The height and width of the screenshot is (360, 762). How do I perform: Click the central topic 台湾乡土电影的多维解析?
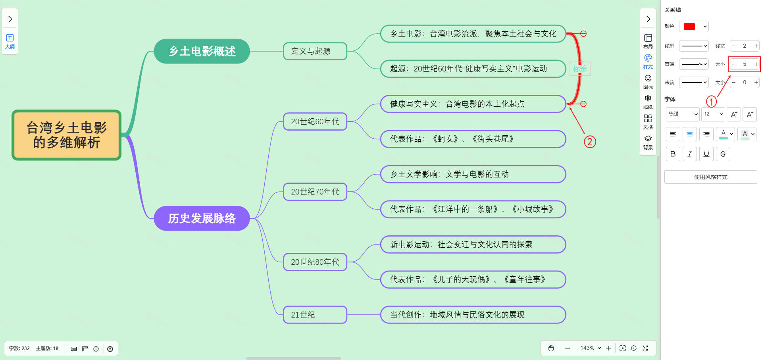coord(67,135)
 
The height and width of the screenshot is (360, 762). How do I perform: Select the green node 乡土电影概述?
coord(202,51)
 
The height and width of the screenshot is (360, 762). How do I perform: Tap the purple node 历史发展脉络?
coord(202,218)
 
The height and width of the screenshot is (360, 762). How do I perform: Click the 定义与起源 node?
coord(315,51)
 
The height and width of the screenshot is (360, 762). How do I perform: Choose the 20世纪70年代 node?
coord(315,192)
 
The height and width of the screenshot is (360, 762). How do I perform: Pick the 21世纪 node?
coord(315,315)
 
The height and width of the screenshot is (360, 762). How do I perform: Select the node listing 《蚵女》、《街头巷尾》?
coord(473,139)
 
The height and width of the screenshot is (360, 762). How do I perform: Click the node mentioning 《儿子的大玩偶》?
coord(473,279)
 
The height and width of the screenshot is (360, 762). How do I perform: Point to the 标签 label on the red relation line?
coord(580,69)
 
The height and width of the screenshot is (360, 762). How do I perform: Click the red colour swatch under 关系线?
coord(690,27)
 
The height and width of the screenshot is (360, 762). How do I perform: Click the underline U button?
coord(706,154)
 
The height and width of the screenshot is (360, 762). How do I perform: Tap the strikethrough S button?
coord(723,154)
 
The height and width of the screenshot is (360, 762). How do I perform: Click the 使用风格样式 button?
coord(710,177)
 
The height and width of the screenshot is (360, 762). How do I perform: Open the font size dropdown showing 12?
coord(713,114)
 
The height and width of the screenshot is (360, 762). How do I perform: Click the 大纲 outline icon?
coord(10,41)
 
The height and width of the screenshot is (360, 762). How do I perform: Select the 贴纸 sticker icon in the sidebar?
coord(648,101)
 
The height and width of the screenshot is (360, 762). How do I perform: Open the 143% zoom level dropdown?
coord(590,348)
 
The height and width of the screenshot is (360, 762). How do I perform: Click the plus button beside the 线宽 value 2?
coord(756,46)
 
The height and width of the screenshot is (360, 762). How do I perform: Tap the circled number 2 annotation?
coord(590,142)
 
